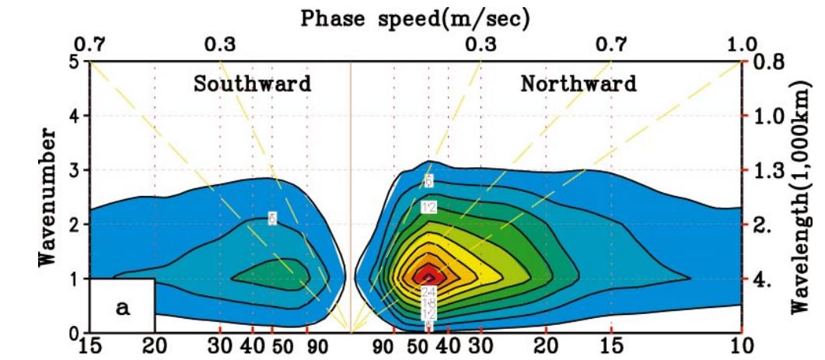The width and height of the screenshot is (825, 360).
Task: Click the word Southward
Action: click(x=252, y=83)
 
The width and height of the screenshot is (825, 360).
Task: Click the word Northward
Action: click(x=579, y=83)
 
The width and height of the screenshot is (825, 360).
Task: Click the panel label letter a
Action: click(x=123, y=307)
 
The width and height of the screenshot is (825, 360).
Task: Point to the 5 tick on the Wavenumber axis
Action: click(x=73, y=61)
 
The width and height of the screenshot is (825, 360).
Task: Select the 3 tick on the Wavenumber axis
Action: click(x=73, y=170)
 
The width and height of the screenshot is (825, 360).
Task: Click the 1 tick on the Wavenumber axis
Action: click(x=73, y=278)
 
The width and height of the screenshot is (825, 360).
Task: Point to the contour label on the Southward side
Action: click(x=272, y=218)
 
